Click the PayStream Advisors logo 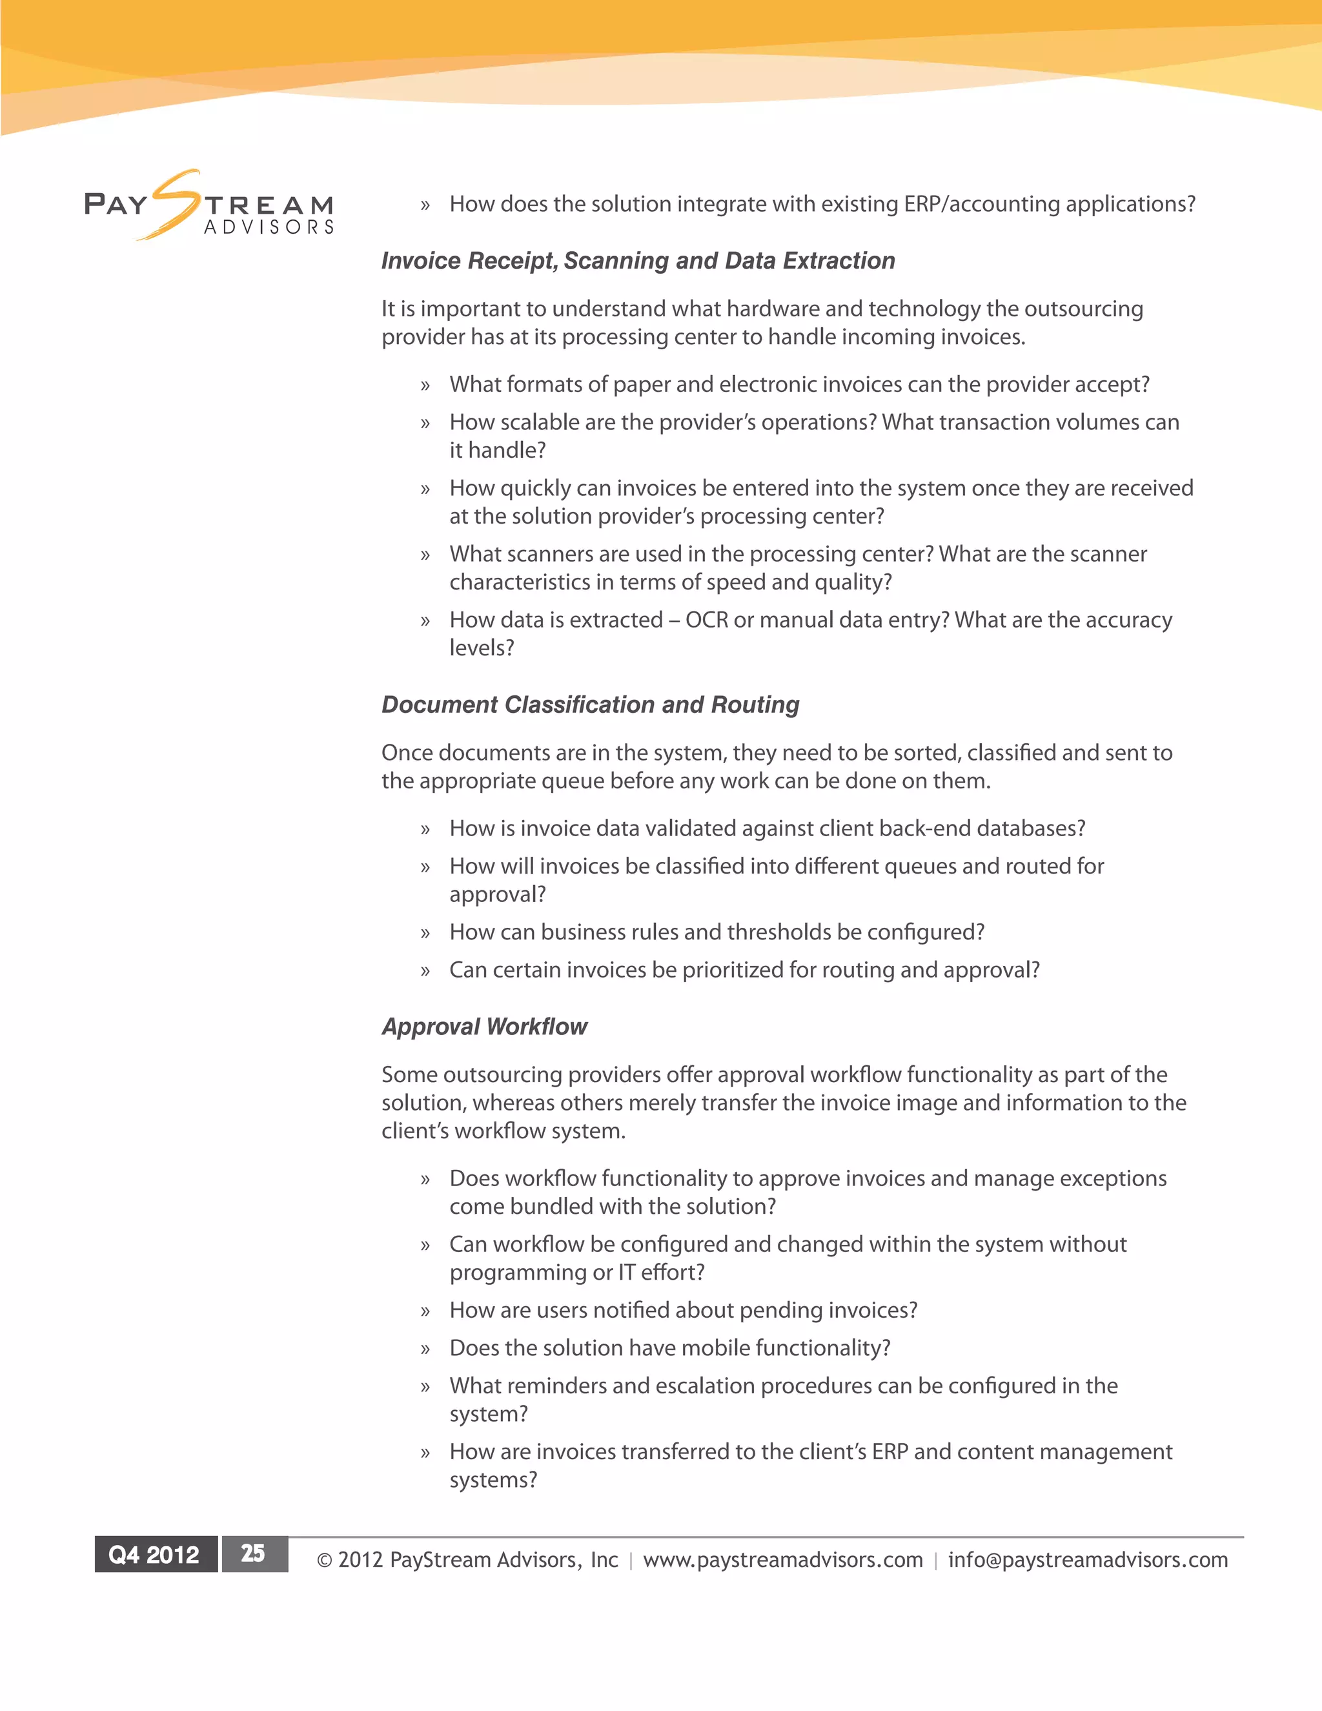pyautogui.click(x=209, y=205)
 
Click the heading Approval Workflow pyautogui.click(x=484, y=1027)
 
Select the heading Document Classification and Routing pyautogui.click(x=590, y=704)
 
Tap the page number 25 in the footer pyautogui.click(x=253, y=1553)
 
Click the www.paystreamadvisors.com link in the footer pyautogui.click(x=782, y=1560)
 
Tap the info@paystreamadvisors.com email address pyautogui.click(x=1088, y=1560)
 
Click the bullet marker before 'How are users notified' pyautogui.click(x=425, y=1311)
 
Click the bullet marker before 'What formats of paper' pyautogui.click(x=425, y=385)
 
